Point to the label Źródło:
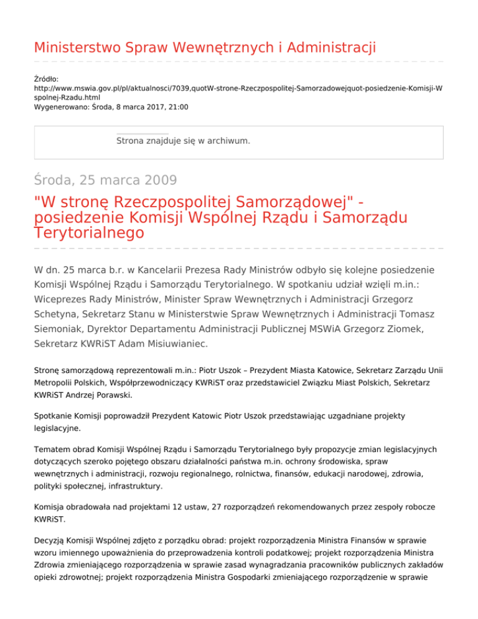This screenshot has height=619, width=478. pyautogui.click(x=47, y=79)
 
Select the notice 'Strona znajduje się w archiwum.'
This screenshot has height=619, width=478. pyautogui.click(x=184, y=141)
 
